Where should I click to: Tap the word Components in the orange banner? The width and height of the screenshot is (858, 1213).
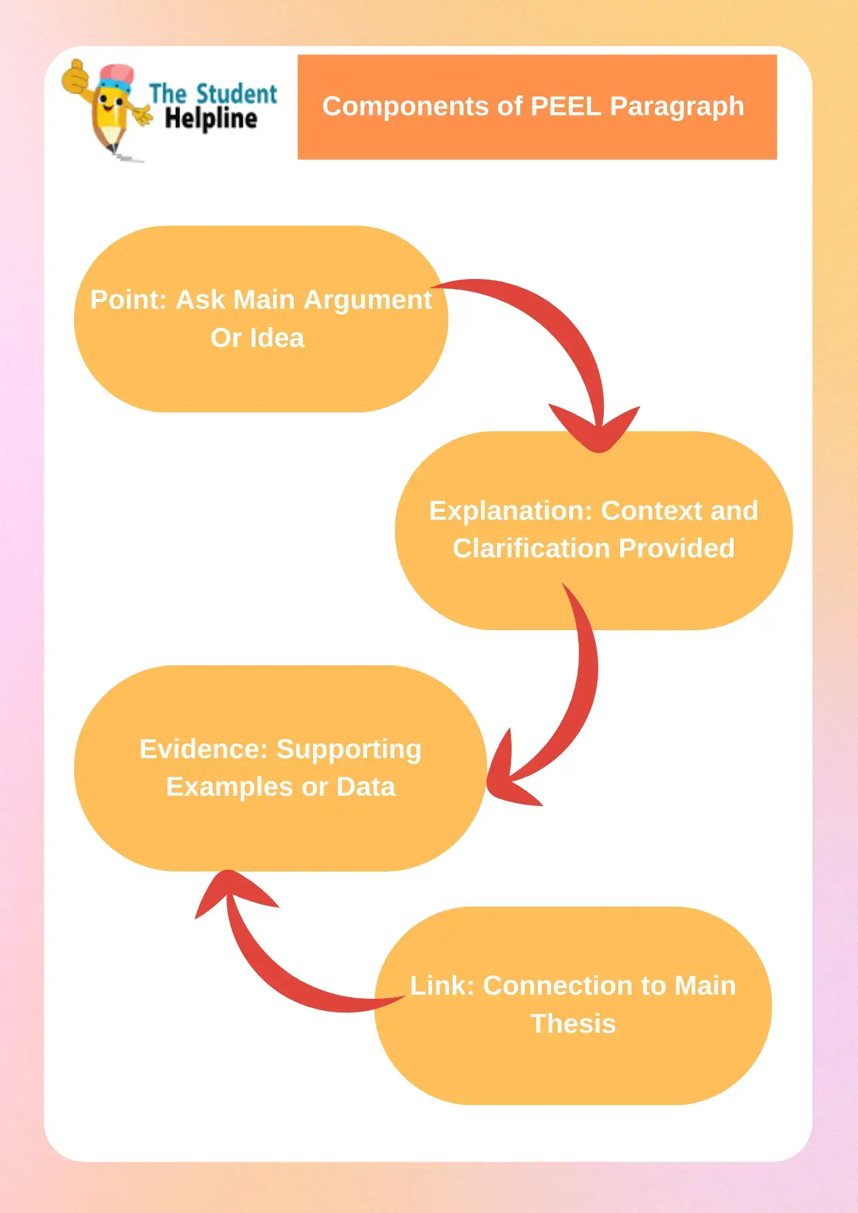[x=405, y=107]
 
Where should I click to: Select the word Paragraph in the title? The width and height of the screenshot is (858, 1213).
[x=677, y=107]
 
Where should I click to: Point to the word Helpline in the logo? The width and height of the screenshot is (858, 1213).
[x=211, y=119]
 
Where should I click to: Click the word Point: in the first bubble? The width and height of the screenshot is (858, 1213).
[x=128, y=300]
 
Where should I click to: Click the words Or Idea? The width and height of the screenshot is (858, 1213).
[x=257, y=338]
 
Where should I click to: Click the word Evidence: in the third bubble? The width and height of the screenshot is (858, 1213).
[x=203, y=749]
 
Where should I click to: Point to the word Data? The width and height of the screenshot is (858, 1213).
[x=365, y=787]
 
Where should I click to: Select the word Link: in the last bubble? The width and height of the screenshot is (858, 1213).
[x=441, y=986]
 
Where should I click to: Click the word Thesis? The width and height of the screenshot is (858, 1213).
[x=573, y=1024]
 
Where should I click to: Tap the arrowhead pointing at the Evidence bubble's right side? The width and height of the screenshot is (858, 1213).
[x=507, y=776]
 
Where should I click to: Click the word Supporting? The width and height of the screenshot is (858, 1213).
[x=349, y=749]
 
